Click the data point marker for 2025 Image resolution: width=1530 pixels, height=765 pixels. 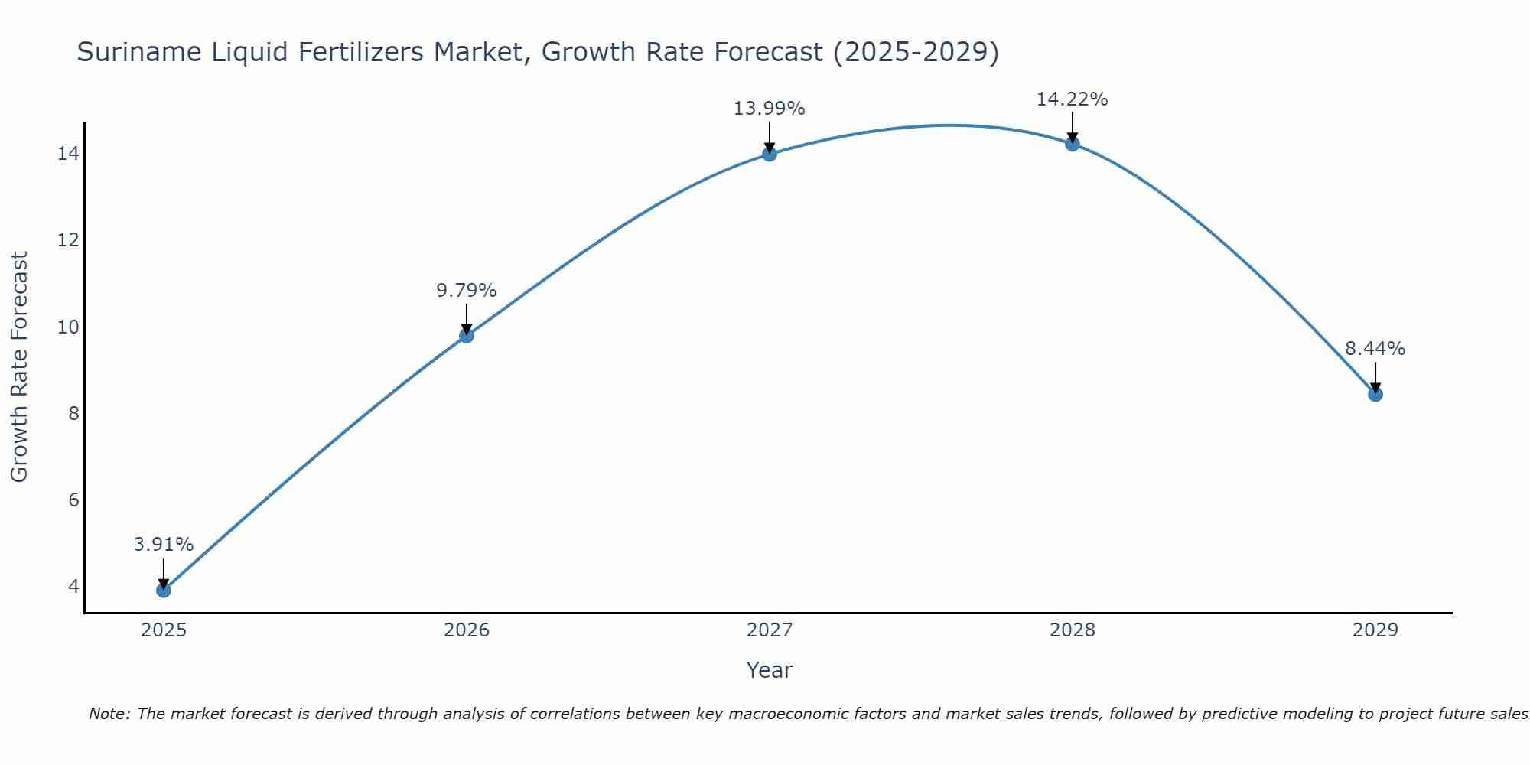pyautogui.click(x=164, y=590)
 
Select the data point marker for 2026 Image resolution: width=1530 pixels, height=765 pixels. pyautogui.click(x=467, y=335)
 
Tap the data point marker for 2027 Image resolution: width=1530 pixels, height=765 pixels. pyautogui.click(x=770, y=154)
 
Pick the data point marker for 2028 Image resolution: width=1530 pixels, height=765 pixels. pyautogui.click(x=1073, y=144)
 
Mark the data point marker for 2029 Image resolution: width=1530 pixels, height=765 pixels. pyautogui.click(x=1375, y=394)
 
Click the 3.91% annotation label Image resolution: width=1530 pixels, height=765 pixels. pyautogui.click(x=164, y=545)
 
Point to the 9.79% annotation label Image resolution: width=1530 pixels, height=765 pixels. pyautogui.click(x=467, y=291)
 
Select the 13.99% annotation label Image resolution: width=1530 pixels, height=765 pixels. pyautogui.click(x=770, y=109)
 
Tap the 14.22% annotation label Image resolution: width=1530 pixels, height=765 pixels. pyautogui.click(x=1073, y=99)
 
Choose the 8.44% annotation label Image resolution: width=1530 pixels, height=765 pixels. pyautogui.click(x=1375, y=349)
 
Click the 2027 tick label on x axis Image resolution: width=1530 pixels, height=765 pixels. pyautogui.click(x=770, y=630)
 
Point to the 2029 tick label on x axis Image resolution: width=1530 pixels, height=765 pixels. pyautogui.click(x=1375, y=630)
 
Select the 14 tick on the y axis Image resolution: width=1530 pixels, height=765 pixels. pyautogui.click(x=68, y=154)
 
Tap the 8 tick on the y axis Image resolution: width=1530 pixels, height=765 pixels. pyautogui.click(x=73, y=414)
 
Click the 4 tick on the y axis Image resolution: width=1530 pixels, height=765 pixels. pyautogui.click(x=73, y=587)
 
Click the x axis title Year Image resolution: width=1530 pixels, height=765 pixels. pyautogui.click(x=770, y=670)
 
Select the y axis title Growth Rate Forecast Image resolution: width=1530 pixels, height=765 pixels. pyautogui.click(x=20, y=367)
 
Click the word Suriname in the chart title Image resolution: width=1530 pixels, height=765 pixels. pyautogui.click(x=128, y=52)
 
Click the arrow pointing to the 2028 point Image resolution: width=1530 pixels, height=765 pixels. pyautogui.click(x=1073, y=128)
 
